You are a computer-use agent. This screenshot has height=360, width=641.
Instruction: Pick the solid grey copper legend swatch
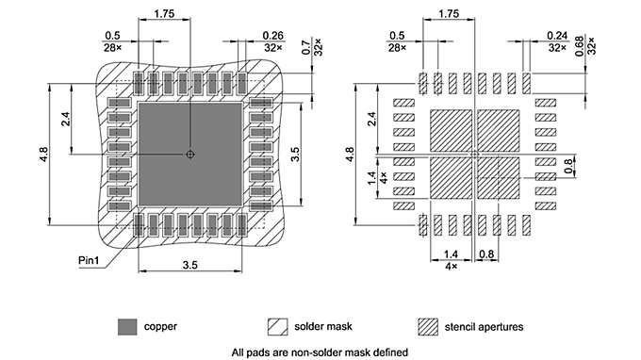pos(127,326)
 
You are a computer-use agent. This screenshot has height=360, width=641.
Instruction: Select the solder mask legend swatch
pos(279,326)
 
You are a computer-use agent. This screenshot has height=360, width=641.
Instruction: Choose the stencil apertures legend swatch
pos(430,326)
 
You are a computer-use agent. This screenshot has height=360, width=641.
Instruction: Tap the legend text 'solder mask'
pos(324,326)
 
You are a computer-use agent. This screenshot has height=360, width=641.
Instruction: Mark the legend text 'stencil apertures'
pos(486,326)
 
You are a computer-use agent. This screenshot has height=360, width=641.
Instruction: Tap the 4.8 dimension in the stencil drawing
pos(350,153)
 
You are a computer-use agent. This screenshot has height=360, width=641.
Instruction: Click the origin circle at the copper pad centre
pos(190,153)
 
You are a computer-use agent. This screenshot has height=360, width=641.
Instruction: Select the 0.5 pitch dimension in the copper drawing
pos(112,36)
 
